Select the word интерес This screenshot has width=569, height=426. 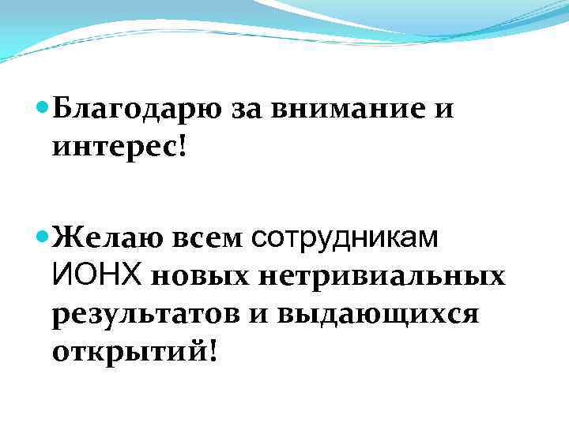click(x=115, y=148)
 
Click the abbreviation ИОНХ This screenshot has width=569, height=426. click(x=96, y=275)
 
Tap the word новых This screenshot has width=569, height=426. click(x=198, y=276)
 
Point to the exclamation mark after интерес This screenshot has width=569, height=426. click(x=184, y=147)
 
